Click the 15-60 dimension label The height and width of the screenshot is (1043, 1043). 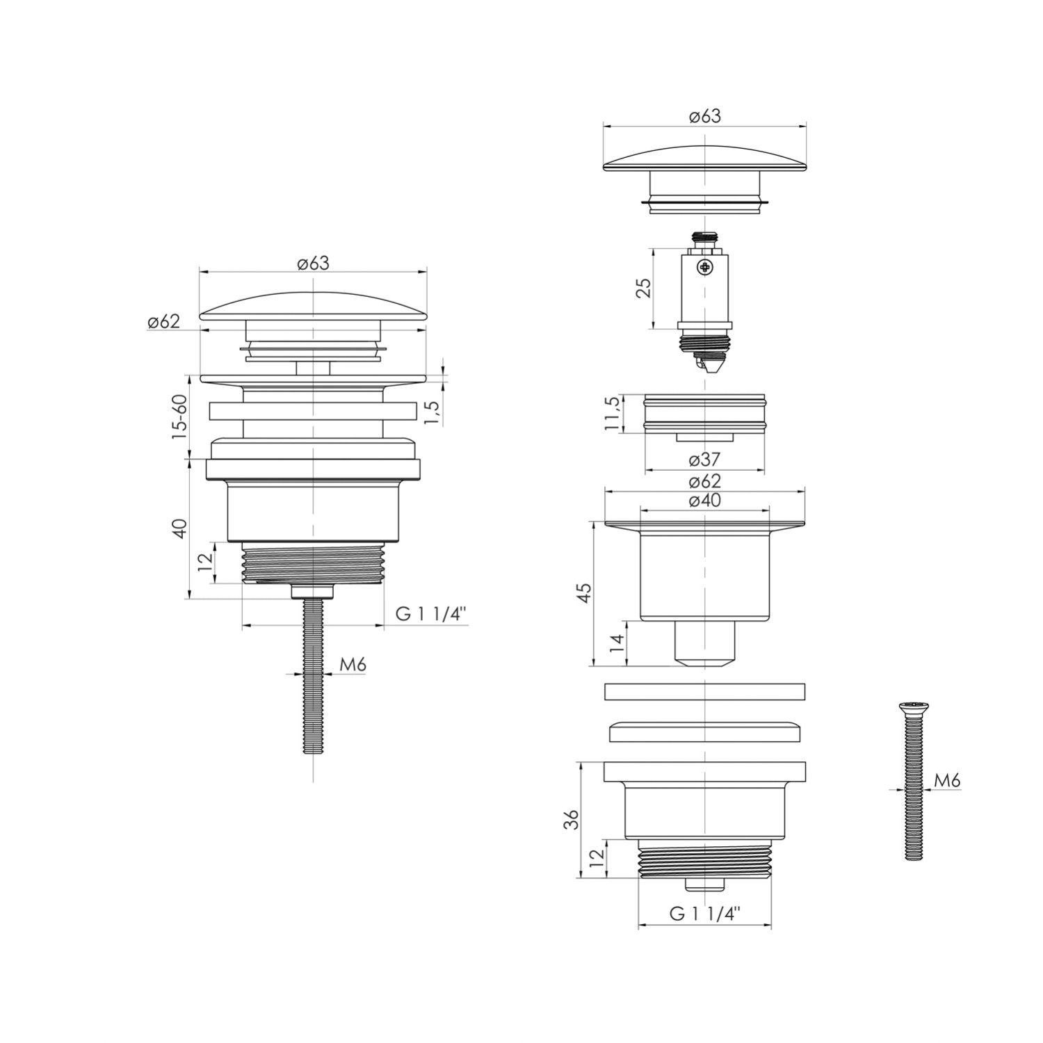click(x=179, y=416)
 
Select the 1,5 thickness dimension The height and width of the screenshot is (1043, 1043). click(x=432, y=413)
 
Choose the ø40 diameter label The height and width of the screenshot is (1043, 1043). click(x=704, y=500)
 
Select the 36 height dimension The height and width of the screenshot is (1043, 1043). click(x=571, y=819)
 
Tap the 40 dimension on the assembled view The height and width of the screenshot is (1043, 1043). click(x=179, y=528)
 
